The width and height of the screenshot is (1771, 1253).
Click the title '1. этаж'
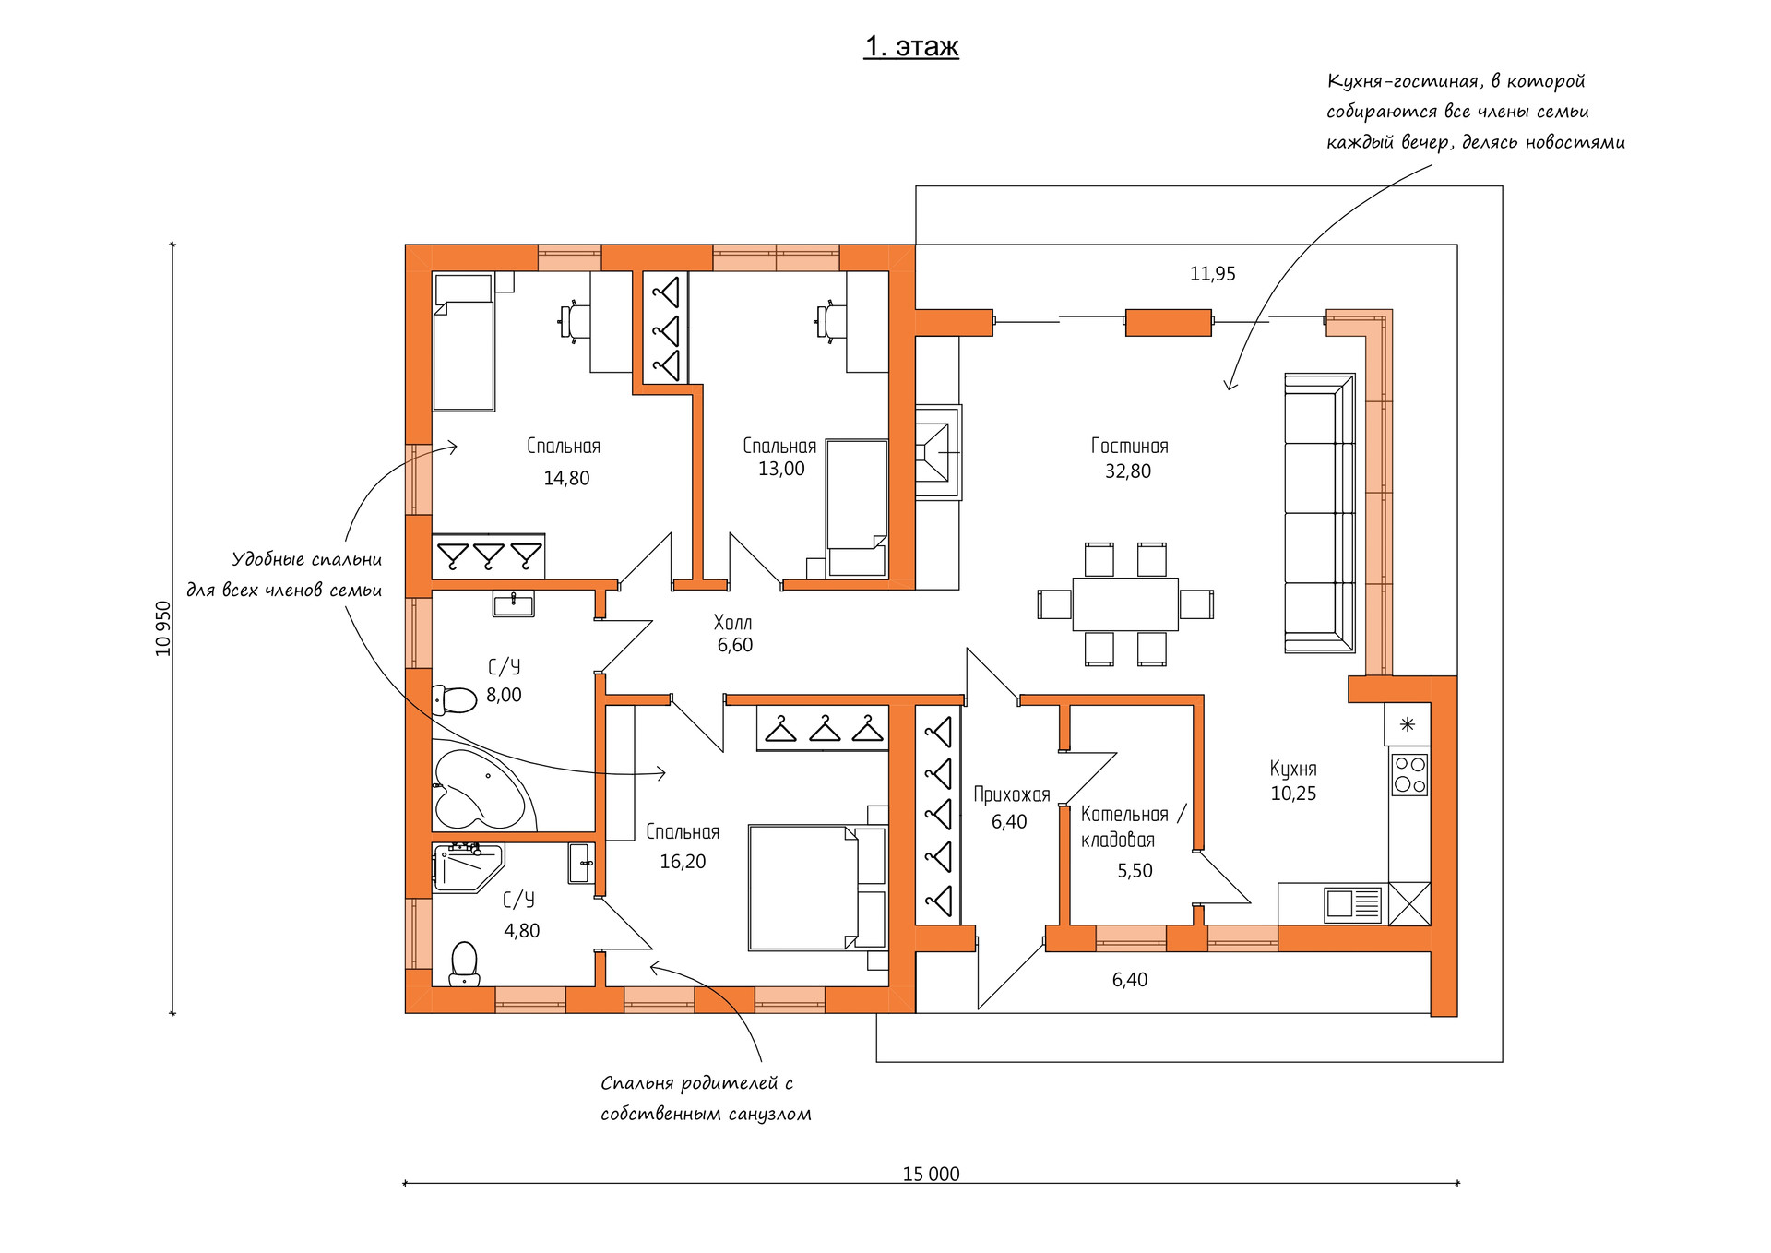[x=910, y=46]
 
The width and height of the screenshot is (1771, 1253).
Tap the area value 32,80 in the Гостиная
[x=1127, y=471]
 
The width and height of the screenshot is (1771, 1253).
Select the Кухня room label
[x=1293, y=769]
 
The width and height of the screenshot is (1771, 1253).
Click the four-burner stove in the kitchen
[x=1409, y=774]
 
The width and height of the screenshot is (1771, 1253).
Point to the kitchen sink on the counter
[x=1353, y=904]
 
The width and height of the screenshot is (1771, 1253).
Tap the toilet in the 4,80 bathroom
[x=464, y=963]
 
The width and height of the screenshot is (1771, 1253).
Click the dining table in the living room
[x=1125, y=604]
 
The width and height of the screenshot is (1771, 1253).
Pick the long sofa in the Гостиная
[x=1320, y=513]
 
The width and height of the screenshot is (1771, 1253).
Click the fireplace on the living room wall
[x=937, y=452]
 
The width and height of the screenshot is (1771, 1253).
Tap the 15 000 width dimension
[x=931, y=1174]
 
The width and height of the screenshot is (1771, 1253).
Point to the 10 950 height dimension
[x=163, y=628]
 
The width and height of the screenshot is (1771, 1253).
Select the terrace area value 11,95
[x=1212, y=274]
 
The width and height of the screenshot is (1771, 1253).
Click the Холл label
[x=732, y=623]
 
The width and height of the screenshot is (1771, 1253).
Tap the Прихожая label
[x=1012, y=794]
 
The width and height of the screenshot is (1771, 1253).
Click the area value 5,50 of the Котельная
[x=1135, y=871]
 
